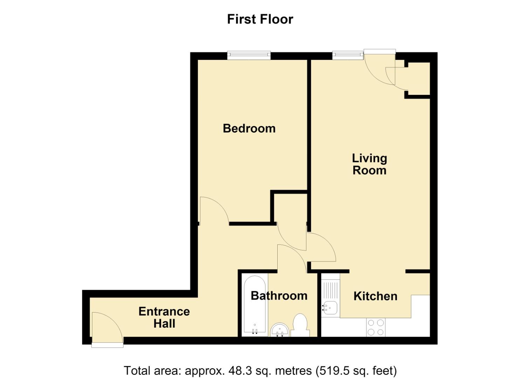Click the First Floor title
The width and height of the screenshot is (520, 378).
pos(260,19)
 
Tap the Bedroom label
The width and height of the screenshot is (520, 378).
pos(249,128)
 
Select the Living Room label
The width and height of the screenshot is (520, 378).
pos(369,164)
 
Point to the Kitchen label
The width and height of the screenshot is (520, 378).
pos(375,296)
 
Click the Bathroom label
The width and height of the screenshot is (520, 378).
pos(279,296)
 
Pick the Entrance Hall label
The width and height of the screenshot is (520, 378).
pos(164,317)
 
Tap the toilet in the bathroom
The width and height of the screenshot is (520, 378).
pos(300,325)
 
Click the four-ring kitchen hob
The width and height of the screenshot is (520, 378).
pos(376,327)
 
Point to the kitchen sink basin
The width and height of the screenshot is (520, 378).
pos(330,308)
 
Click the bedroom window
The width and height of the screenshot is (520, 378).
pos(249,55)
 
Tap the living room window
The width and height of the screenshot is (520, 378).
pos(347,55)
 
